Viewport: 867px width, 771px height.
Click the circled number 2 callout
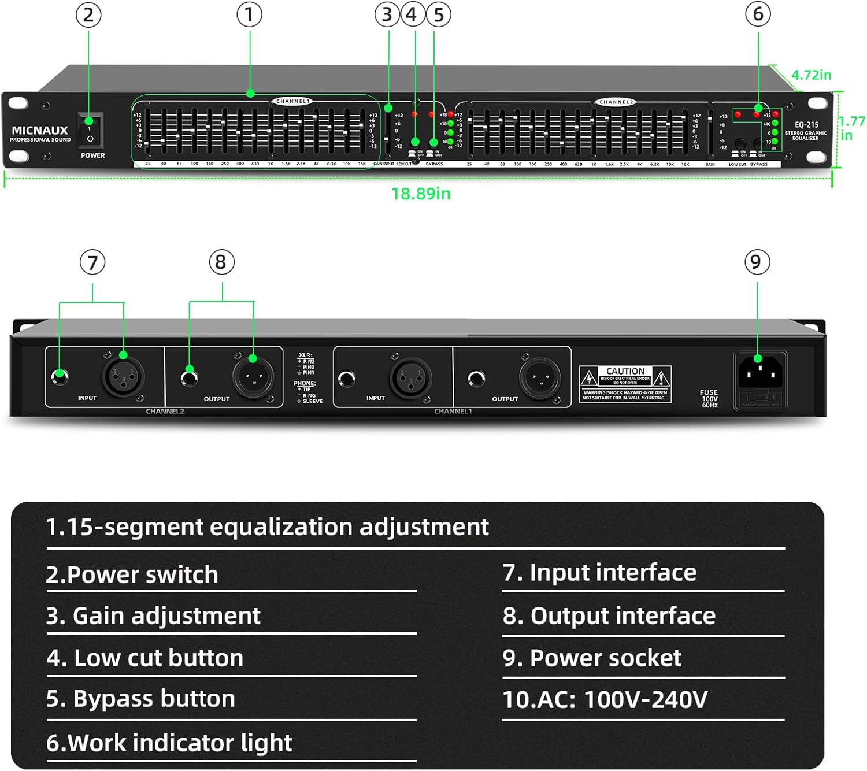point(88,15)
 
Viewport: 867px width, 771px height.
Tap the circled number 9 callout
point(757,262)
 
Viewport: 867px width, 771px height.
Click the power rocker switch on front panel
point(90,131)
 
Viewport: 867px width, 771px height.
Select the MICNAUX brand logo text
point(40,131)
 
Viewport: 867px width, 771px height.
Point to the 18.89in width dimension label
point(421,194)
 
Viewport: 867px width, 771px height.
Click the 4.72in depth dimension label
point(811,75)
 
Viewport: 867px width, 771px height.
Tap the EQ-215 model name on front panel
point(806,125)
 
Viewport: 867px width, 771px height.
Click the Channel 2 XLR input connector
point(123,377)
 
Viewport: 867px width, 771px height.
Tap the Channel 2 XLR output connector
point(253,378)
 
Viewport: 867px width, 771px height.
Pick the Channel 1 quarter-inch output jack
point(476,379)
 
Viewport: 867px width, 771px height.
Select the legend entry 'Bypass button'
point(141,699)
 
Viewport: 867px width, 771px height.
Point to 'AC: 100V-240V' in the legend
point(605,699)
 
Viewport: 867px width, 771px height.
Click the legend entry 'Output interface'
point(609,616)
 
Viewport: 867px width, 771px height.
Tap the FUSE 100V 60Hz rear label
point(709,398)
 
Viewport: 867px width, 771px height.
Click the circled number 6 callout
point(758,14)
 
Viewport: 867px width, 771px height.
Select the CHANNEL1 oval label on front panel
point(293,101)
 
